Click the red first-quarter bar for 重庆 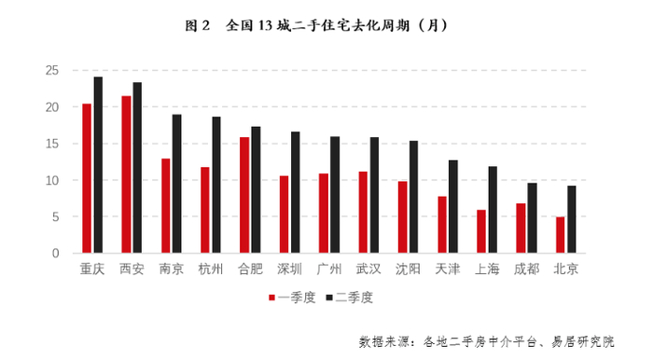coord(87,178)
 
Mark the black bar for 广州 coord(335,195)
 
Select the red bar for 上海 coord(481,231)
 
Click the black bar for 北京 coord(571,219)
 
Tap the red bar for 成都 coord(521,228)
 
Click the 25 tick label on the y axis coord(53,71)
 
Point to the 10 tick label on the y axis coord(53,180)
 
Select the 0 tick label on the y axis coord(57,253)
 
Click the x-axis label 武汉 coord(368,269)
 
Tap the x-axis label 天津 coord(448,269)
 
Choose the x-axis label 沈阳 coord(408,269)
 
